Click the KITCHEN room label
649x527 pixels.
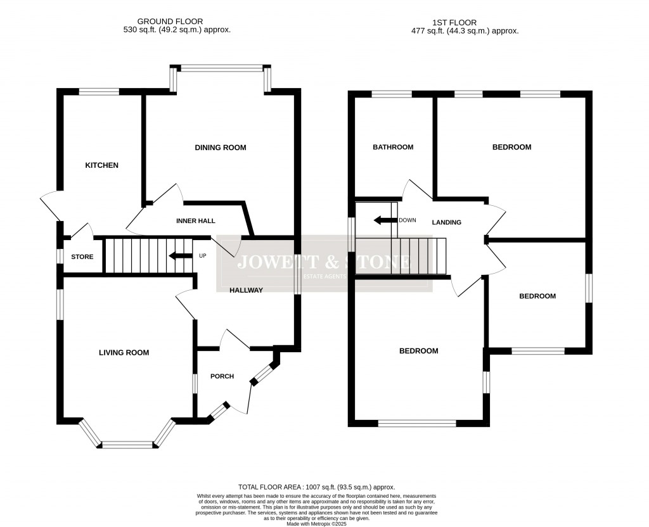click(101, 165)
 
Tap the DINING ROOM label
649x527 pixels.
click(220, 148)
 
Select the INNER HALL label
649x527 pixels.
click(196, 221)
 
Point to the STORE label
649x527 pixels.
click(82, 257)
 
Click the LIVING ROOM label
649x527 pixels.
click(124, 353)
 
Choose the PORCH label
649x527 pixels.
click(222, 376)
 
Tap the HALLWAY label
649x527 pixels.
click(246, 290)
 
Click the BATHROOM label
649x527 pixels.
click(393, 147)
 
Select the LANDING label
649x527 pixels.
click(446, 222)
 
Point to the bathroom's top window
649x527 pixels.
click(391, 94)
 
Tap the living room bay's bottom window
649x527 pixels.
click(128, 445)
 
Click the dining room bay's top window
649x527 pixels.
click(221, 67)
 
